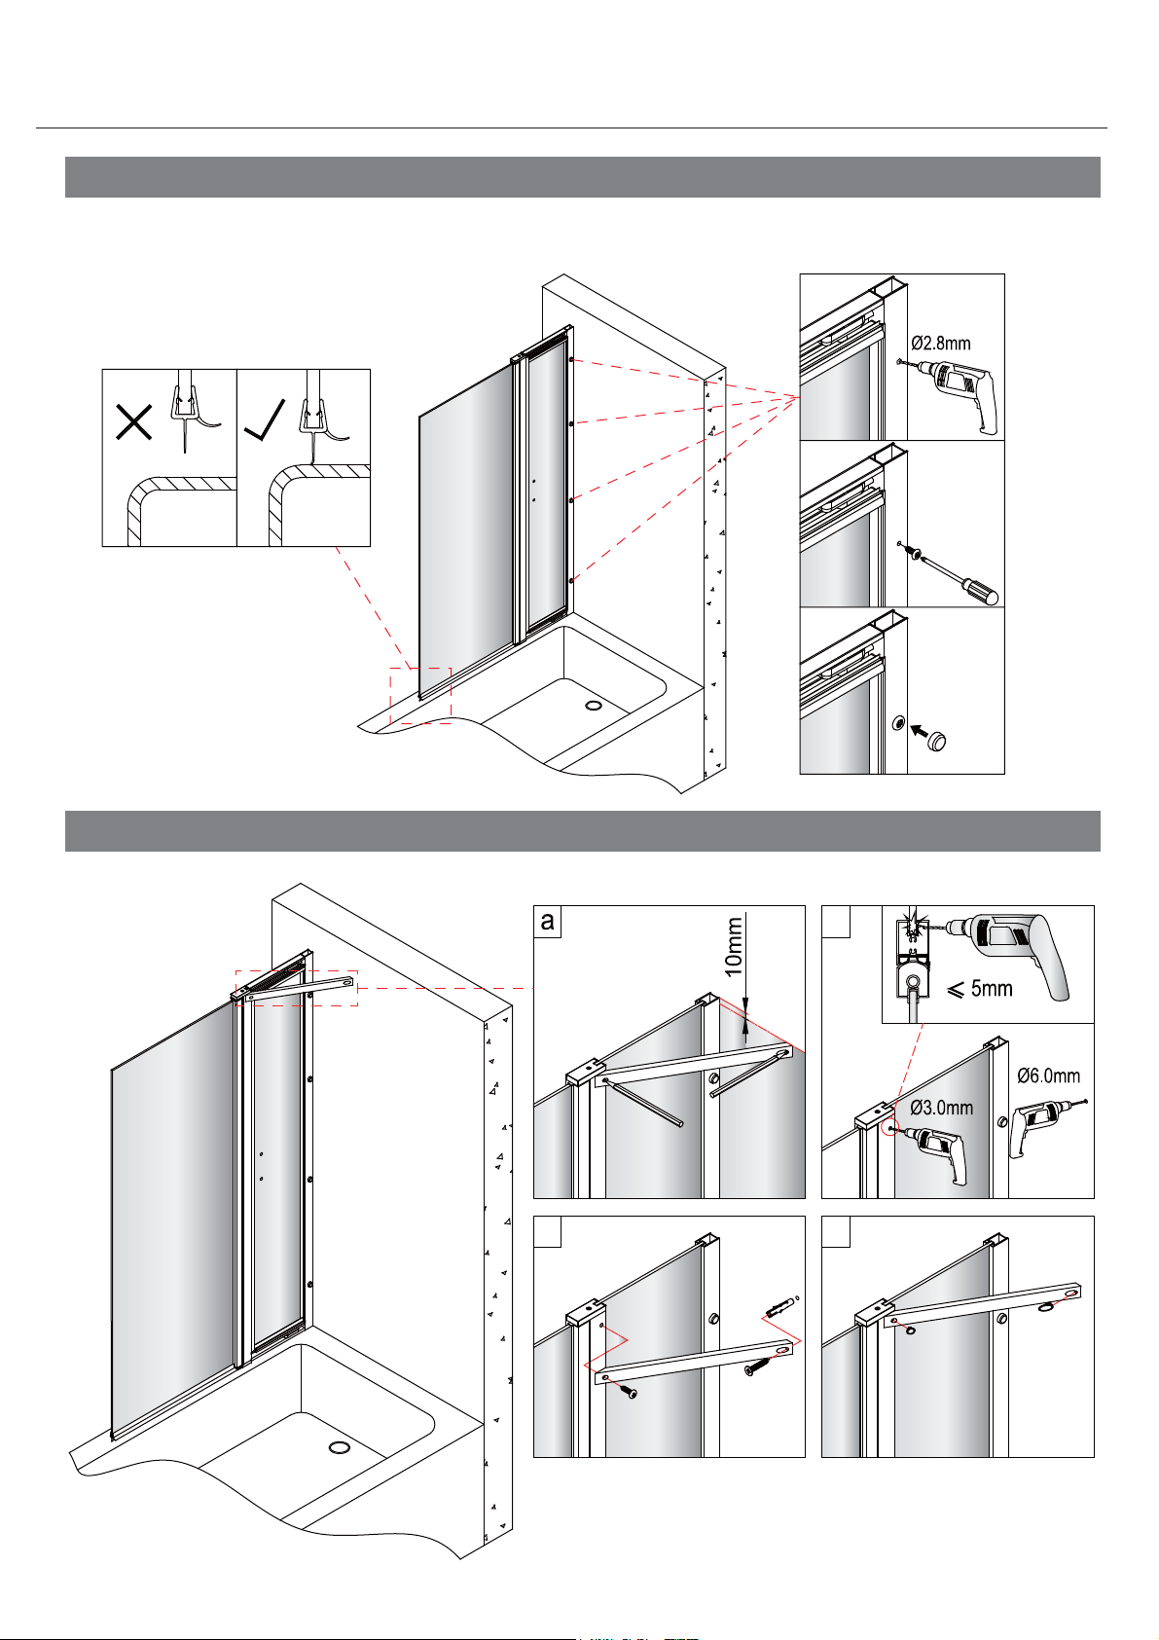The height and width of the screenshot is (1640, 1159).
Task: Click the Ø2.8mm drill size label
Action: point(941,343)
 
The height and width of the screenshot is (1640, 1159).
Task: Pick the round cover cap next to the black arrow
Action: point(936,741)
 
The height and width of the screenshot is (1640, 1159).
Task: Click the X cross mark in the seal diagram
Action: point(134,421)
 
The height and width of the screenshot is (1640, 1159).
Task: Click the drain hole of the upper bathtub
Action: point(594,705)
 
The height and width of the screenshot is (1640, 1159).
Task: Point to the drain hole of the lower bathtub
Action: point(339,1447)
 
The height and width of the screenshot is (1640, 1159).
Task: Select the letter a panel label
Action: point(547,922)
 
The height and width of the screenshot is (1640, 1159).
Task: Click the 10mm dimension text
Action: point(734,947)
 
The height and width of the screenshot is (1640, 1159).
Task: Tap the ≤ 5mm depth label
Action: point(980,989)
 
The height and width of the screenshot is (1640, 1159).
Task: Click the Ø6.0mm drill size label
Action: point(1048,1075)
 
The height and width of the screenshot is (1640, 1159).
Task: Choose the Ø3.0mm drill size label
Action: point(942,1108)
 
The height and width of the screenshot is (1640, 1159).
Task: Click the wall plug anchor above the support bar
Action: point(779,1305)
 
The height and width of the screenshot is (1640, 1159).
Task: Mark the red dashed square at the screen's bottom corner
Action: point(420,696)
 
